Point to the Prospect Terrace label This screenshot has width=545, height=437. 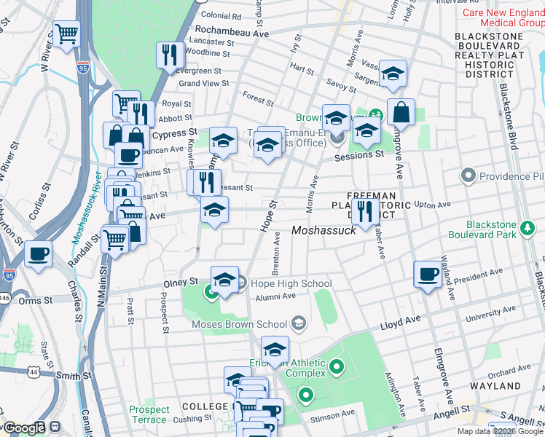pos(149,414)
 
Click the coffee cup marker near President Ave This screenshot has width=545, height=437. pos(428,274)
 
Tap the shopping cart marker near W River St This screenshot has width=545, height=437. pos(66,34)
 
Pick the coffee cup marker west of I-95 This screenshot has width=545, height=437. pos(38,254)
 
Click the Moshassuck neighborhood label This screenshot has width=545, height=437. pos(324,230)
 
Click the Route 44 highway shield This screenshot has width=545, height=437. pos(34,371)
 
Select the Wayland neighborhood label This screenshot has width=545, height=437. pos(501,386)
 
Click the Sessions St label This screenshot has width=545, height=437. pos(359,155)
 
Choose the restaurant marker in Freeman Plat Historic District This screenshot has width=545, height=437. pos(364,210)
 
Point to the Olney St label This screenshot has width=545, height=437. pos(184,281)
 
